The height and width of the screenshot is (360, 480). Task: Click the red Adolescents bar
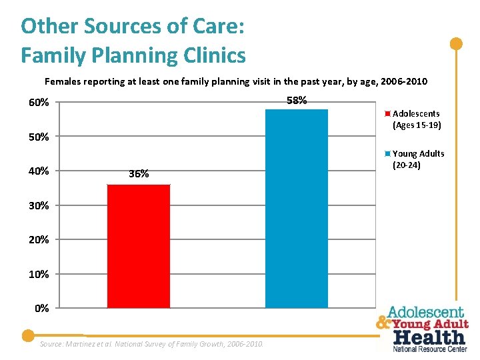tap(139, 246)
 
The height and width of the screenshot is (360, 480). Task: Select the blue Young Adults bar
tap(297, 208)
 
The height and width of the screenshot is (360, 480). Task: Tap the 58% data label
tap(297, 101)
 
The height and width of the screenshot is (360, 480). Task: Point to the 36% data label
tap(139, 174)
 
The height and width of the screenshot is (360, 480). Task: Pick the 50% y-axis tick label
tap(38, 137)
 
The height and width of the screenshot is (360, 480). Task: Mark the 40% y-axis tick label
tap(38, 171)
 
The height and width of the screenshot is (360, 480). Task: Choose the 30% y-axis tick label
tap(38, 206)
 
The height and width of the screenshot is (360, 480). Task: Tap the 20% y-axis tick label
tap(38, 240)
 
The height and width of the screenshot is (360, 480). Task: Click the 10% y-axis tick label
tap(38, 275)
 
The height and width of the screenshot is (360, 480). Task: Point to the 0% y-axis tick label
tap(41, 309)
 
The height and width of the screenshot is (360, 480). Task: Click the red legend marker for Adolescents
tap(388, 113)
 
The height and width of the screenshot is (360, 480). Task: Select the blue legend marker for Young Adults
tap(388, 153)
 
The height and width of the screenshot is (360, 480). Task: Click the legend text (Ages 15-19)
tap(417, 125)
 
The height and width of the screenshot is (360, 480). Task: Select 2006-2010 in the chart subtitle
tap(404, 82)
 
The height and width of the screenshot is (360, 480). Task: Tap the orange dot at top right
tap(456, 45)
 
